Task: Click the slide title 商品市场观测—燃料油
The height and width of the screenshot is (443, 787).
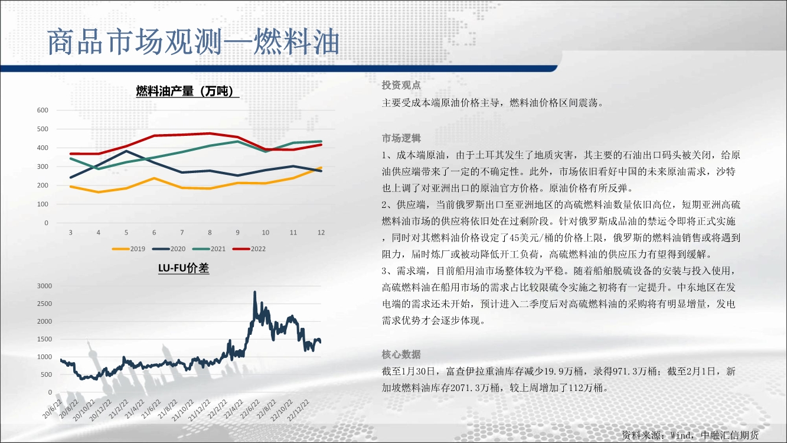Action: pyautogui.click(x=194, y=42)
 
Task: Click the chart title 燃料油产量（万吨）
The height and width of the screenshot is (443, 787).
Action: pyautogui.click(x=187, y=91)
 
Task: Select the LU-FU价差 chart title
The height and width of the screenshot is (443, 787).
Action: pyautogui.click(x=184, y=268)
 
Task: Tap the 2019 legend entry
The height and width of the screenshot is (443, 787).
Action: pyautogui.click(x=129, y=249)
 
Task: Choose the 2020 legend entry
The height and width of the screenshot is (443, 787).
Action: pyautogui.click(x=169, y=249)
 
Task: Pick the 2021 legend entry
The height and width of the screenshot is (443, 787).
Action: pyautogui.click(x=209, y=249)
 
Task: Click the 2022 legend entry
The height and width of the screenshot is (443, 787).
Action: pyautogui.click(x=249, y=249)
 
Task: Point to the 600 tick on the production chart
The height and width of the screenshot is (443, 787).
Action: pyautogui.click(x=43, y=110)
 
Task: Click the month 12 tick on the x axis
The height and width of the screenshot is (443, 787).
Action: pyautogui.click(x=321, y=232)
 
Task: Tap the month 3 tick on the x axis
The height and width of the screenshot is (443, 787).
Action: pyautogui.click(x=71, y=232)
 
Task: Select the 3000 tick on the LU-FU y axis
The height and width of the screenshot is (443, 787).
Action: pyautogui.click(x=44, y=286)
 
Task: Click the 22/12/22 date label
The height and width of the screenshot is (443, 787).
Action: pyautogui.click(x=299, y=410)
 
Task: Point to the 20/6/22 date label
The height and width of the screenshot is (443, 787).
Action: pyautogui.click(x=53, y=409)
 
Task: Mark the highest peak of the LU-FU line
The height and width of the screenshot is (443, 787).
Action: pyautogui.click(x=254, y=292)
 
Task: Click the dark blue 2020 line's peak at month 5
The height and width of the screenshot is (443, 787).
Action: pyautogui.click(x=126, y=151)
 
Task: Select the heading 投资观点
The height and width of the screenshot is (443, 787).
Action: pyautogui.click(x=401, y=85)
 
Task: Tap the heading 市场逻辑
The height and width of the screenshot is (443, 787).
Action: pyautogui.click(x=401, y=138)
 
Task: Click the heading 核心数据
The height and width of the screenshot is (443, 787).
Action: pyautogui.click(x=401, y=354)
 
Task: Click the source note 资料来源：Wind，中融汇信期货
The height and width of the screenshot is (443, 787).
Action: pyautogui.click(x=690, y=435)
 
